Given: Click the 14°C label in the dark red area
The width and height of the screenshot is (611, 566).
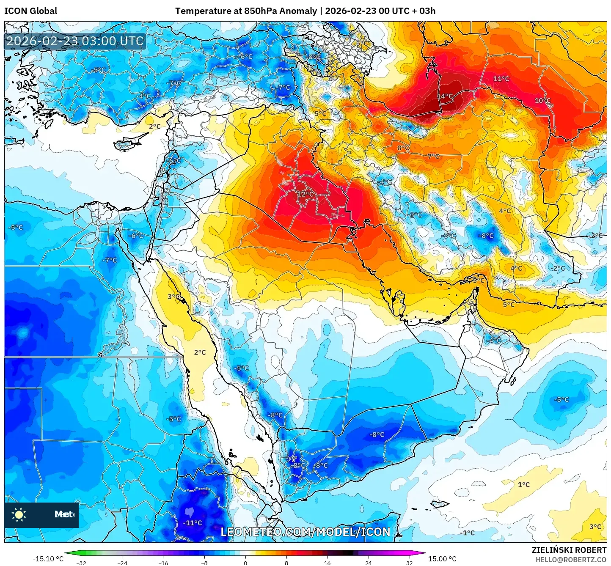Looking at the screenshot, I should click(445, 96).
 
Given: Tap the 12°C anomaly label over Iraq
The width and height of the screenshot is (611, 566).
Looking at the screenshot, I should click(306, 194).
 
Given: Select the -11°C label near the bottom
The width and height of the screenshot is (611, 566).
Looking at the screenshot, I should click(193, 523).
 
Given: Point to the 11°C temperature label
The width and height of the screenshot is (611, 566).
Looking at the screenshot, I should click(501, 79).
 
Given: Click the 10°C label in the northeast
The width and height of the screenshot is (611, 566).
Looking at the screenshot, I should click(542, 101).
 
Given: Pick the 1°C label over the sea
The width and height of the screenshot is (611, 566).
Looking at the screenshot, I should click(524, 485).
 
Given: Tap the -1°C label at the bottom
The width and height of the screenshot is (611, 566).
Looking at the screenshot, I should click(468, 533).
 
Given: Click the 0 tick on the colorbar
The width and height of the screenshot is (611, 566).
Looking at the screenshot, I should click(245, 563).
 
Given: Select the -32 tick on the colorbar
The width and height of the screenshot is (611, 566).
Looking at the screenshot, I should click(81, 563).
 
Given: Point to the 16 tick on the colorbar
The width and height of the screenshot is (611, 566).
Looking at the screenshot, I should click(328, 563).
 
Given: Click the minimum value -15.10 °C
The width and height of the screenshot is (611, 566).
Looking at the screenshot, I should click(48, 559).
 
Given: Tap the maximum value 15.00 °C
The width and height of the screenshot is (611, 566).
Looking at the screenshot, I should click(442, 559).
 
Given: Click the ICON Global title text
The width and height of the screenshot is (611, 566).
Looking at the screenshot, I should click(30, 11).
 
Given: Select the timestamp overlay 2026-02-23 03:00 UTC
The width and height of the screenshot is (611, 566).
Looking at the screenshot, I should click(75, 41).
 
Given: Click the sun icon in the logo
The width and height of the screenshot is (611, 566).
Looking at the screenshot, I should click(19, 514).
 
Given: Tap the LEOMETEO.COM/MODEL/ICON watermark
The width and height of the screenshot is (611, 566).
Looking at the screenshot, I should click(305, 532).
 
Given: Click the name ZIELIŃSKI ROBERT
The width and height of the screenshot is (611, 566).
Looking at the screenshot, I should click(569, 550).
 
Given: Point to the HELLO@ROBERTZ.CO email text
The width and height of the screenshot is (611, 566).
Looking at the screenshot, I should click(571, 560).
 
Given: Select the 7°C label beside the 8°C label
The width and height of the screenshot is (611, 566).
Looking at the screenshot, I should click(434, 157).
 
